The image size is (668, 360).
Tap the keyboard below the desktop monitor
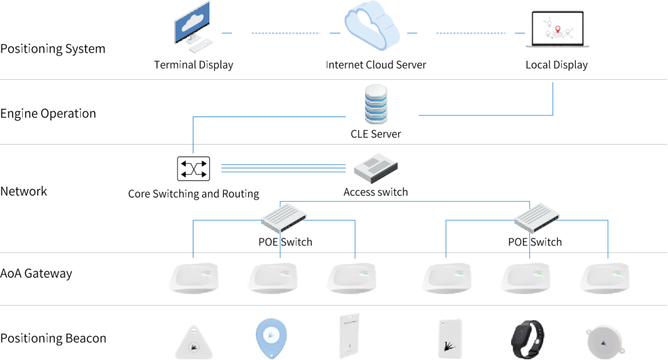(201, 45)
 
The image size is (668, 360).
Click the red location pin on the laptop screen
(558, 29)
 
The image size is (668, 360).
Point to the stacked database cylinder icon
(376, 104)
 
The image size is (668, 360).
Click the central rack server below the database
(376, 168)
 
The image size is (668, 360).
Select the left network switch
(284, 217)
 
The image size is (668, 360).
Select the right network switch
(537, 217)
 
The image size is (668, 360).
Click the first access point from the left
(193, 278)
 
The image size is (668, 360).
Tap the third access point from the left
(351, 278)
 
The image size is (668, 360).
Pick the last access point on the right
(604, 278)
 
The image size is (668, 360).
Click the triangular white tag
(194, 343)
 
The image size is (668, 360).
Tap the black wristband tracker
(527, 339)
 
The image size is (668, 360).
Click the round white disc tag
(605, 341)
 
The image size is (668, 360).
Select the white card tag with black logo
(450, 338)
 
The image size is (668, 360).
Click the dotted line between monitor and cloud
(285, 33)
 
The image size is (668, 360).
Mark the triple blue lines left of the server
(283, 168)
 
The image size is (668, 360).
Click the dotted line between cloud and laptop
(470, 33)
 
